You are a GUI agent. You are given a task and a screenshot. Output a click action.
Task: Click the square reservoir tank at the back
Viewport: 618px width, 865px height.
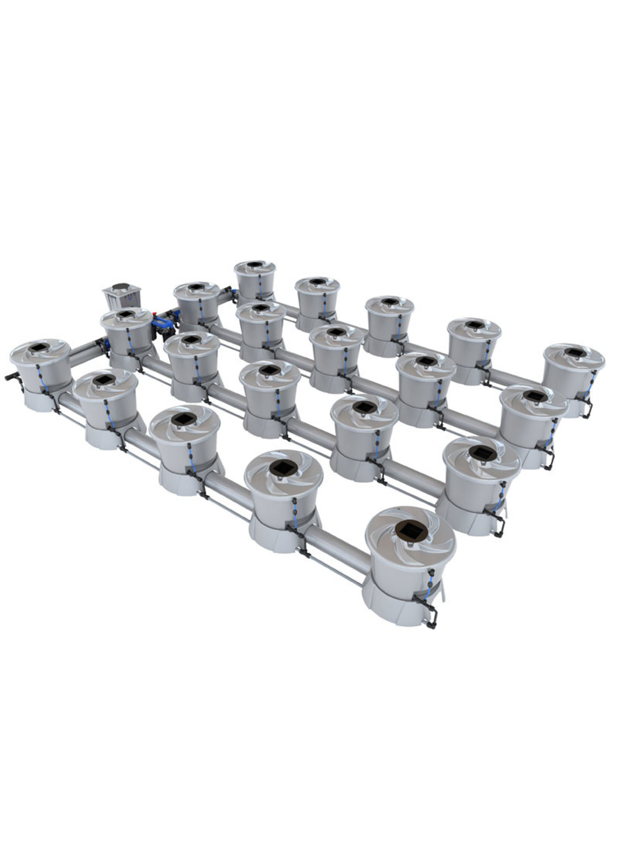[x=120, y=297]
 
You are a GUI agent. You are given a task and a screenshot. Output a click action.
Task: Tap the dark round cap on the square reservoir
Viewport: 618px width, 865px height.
[x=121, y=285]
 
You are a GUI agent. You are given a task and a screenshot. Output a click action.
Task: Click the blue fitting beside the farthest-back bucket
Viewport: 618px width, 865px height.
[x=232, y=292]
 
